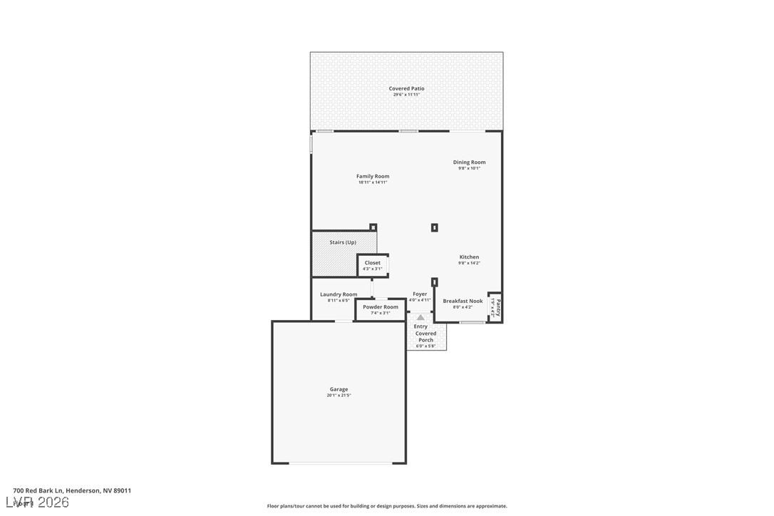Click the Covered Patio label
click(406, 88)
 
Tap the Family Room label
click(373, 176)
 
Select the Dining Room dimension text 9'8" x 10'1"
click(469, 168)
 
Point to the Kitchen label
click(469, 257)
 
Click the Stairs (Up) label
click(343, 242)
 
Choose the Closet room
click(373, 265)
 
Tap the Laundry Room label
click(339, 294)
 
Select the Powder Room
click(381, 309)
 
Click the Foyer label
click(420, 294)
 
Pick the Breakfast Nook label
click(463, 301)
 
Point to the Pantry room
click(495, 308)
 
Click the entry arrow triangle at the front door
click(420, 318)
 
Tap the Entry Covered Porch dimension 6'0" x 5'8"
click(425, 346)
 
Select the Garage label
click(339, 389)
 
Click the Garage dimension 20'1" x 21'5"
click(339, 396)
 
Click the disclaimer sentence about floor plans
click(387, 506)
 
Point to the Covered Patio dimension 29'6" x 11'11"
click(406, 95)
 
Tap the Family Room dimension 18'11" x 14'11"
click(373, 182)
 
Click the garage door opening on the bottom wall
click(341, 464)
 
